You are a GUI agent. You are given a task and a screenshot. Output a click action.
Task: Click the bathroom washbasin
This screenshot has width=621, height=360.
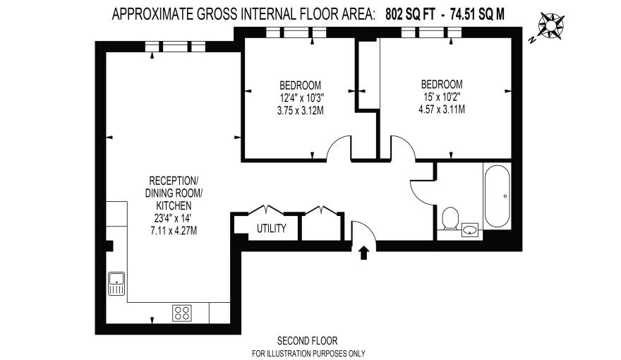click(470, 229)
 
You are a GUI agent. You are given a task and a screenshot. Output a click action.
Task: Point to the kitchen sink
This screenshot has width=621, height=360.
click(116, 284)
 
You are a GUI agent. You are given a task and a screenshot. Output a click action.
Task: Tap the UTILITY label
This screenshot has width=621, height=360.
click(271, 228)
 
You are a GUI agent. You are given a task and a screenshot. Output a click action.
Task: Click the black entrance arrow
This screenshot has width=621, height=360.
click(364, 253)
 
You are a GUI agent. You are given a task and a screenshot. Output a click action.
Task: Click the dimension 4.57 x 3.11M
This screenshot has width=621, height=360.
click(442, 109)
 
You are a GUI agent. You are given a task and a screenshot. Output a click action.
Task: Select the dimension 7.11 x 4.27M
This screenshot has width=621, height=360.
click(174, 230)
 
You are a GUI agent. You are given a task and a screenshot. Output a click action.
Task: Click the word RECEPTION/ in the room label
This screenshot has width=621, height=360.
click(174, 181)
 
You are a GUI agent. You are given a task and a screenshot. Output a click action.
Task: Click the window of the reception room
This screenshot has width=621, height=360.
click(174, 47)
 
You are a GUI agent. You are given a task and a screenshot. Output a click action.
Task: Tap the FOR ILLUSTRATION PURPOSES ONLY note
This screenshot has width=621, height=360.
click(308, 353)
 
